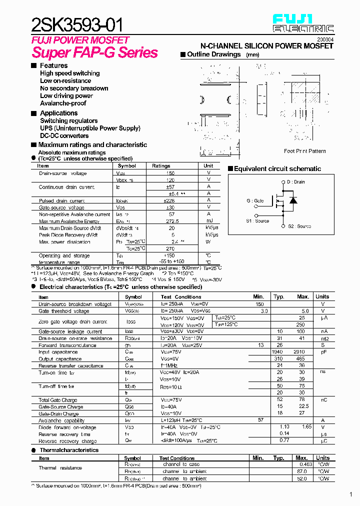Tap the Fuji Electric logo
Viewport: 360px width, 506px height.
pos(303,23)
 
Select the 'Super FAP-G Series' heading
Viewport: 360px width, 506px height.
pos(95,52)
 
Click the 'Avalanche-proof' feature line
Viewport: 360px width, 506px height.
pos(63,103)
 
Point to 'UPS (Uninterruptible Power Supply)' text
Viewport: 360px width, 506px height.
pos(90,128)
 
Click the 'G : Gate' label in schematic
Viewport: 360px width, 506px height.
pos(255,200)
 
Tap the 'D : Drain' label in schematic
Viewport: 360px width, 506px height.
pos(296,182)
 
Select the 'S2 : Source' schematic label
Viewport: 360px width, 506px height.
pos(299,226)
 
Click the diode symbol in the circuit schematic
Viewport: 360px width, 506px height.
pos(293,200)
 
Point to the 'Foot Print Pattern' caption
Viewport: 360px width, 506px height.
pos(304,151)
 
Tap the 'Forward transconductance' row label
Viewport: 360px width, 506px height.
pos(67,345)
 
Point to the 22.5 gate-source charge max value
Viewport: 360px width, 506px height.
pos(303,406)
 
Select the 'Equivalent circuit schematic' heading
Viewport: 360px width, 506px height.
pos(277,169)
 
